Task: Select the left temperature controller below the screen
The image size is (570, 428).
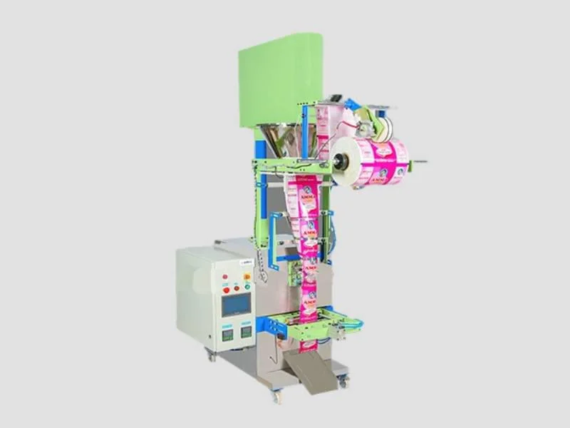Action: [228, 332]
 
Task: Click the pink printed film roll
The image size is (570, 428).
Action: [381, 161]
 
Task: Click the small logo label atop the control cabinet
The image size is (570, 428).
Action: [227, 263]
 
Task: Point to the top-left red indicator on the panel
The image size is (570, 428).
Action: [225, 275]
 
